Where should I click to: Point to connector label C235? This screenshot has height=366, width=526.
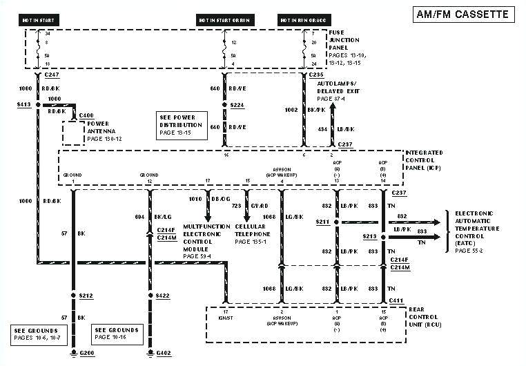click(315, 74)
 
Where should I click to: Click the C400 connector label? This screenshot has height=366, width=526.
click(87, 115)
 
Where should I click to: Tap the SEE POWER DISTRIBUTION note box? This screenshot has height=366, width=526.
click(182, 125)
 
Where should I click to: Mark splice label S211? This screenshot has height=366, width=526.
click(322, 222)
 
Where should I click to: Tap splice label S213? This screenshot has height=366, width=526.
click(369, 236)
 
